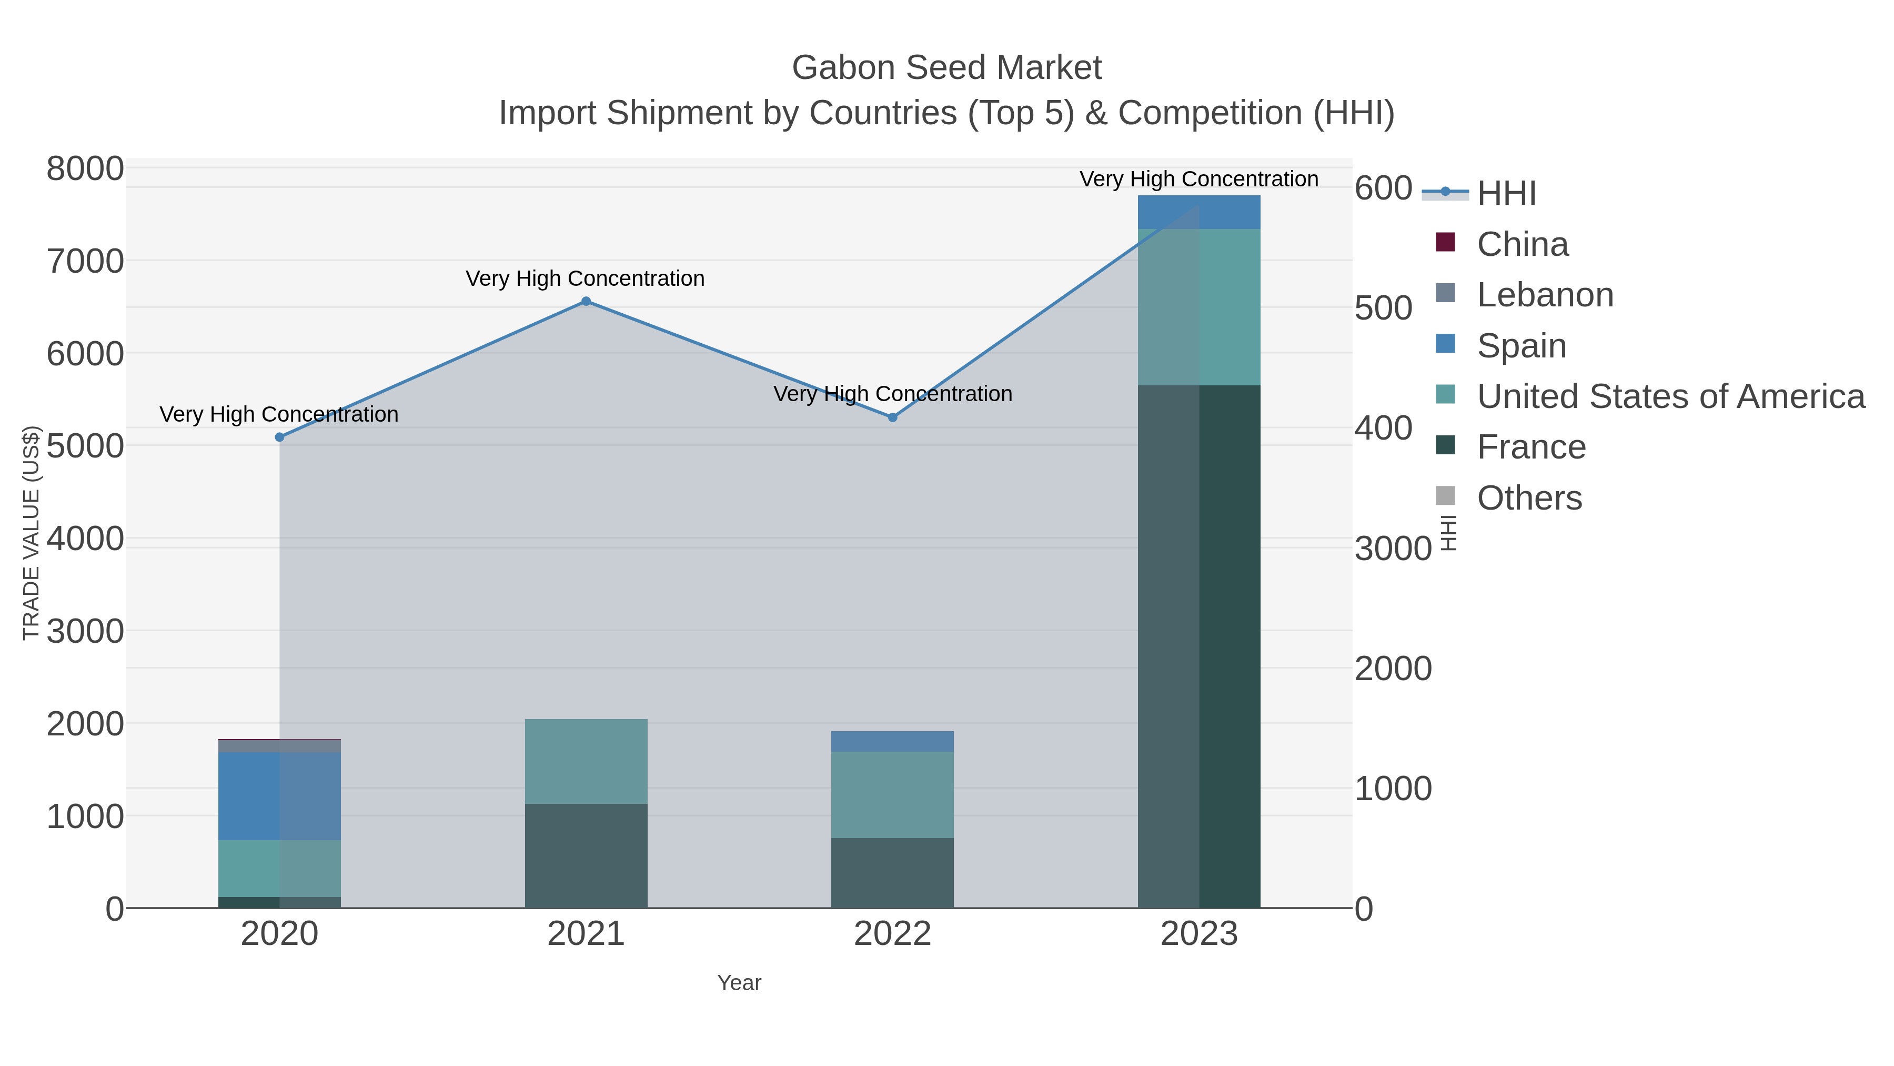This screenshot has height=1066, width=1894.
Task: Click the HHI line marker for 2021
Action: point(586,301)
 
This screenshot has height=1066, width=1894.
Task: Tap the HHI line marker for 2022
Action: point(893,417)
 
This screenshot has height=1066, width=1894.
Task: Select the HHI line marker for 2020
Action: point(279,437)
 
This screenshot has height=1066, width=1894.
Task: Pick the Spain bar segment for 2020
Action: point(279,795)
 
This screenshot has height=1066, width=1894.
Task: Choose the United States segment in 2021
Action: point(586,761)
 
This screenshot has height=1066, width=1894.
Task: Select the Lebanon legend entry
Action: point(1544,295)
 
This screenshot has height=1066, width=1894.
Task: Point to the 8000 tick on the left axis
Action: point(85,168)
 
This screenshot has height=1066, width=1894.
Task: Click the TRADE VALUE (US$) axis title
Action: point(31,533)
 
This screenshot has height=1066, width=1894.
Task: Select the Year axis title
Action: point(739,983)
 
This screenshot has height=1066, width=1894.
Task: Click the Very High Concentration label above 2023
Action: point(1198,179)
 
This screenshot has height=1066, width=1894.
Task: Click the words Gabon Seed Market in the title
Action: point(946,68)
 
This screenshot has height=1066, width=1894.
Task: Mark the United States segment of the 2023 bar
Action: point(1199,307)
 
